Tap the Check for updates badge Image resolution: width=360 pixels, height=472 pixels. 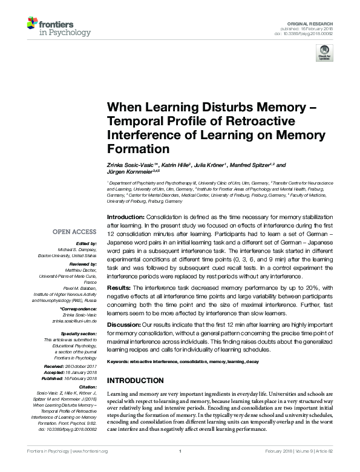pos(324,55)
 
